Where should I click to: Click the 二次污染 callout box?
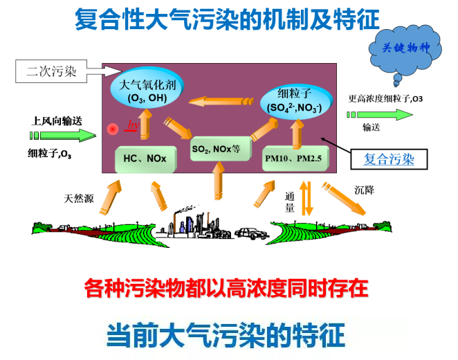[x=51, y=71]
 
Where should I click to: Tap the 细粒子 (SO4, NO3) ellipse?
[x=295, y=101]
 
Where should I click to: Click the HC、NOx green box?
[x=146, y=159]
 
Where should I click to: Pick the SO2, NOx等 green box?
[x=221, y=149]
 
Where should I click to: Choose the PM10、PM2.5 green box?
[x=295, y=159]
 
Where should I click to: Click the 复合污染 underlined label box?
[x=389, y=159]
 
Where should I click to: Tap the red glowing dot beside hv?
[x=113, y=129]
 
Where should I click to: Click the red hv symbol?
[x=132, y=126]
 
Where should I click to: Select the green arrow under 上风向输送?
[x=63, y=135]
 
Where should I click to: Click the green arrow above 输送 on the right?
[x=380, y=114]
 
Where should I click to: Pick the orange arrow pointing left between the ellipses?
[x=221, y=101]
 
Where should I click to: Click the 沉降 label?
[x=364, y=190]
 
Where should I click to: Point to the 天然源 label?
[x=79, y=199]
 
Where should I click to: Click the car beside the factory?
[x=252, y=233]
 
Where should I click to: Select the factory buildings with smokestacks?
[x=193, y=223]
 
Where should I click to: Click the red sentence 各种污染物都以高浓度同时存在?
[x=226, y=288]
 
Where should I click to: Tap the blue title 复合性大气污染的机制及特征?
[x=227, y=19]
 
